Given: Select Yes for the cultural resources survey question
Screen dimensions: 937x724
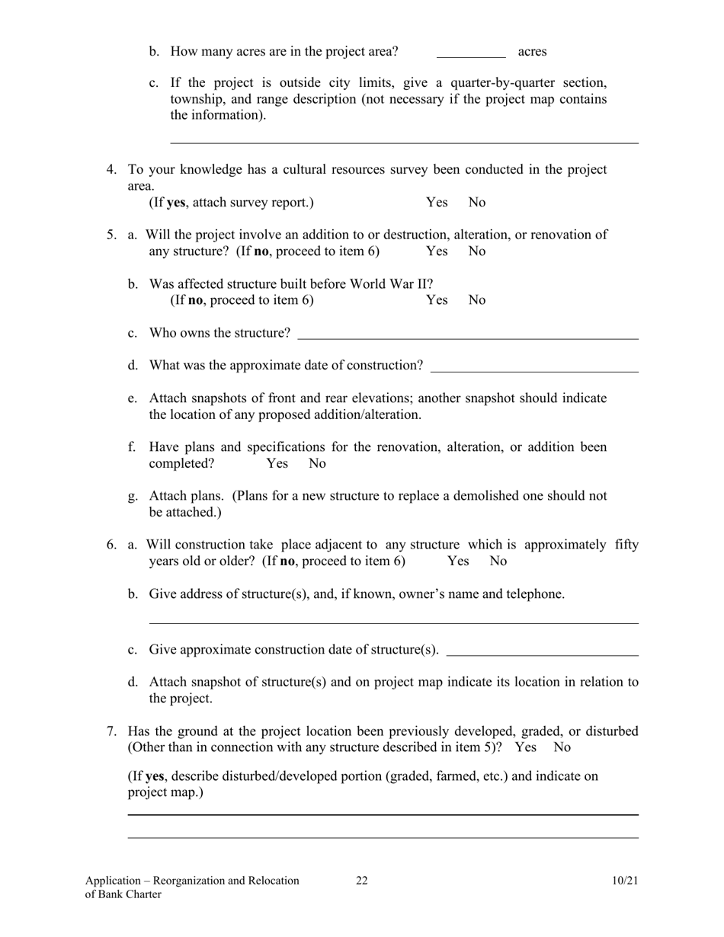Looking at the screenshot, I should pyautogui.click(x=437, y=203).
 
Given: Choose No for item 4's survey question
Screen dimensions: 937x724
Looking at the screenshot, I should pyautogui.click(x=477, y=203).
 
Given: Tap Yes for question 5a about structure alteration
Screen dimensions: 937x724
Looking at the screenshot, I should pyautogui.click(x=437, y=251).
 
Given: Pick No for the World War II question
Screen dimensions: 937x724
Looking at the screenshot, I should pyautogui.click(x=477, y=300).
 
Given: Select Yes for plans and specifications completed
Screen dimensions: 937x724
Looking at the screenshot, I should pyautogui.click(x=277, y=463).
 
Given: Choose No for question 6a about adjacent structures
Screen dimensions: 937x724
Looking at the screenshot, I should pyautogui.click(x=498, y=561).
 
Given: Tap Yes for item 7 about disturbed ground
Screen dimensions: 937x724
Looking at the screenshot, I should pyautogui.click(x=526, y=747).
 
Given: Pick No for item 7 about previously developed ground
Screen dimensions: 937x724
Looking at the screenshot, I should pyautogui.click(x=562, y=747).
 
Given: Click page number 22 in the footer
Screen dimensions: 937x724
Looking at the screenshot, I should pyautogui.click(x=361, y=881).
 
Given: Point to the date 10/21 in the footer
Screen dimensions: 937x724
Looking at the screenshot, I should pyautogui.click(x=624, y=881).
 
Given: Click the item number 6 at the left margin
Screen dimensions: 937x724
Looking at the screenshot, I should pyautogui.click(x=111, y=545).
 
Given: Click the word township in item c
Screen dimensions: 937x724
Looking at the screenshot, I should pyautogui.click(x=197, y=99).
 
